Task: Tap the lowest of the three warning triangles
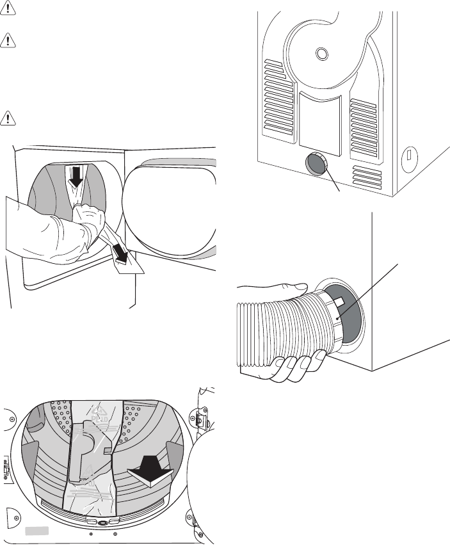(x=9, y=117)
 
